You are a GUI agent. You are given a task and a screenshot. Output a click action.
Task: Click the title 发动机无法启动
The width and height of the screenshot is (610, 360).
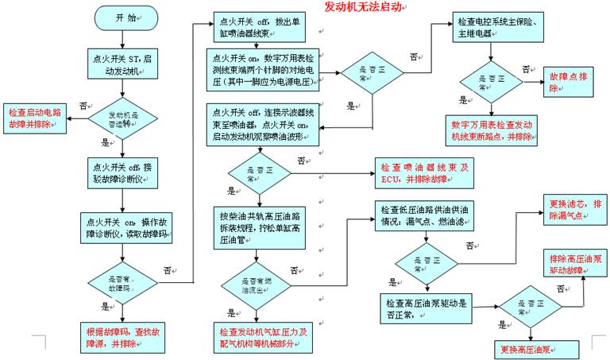point(365,7)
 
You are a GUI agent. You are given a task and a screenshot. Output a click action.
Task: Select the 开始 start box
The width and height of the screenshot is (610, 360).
point(121,17)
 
